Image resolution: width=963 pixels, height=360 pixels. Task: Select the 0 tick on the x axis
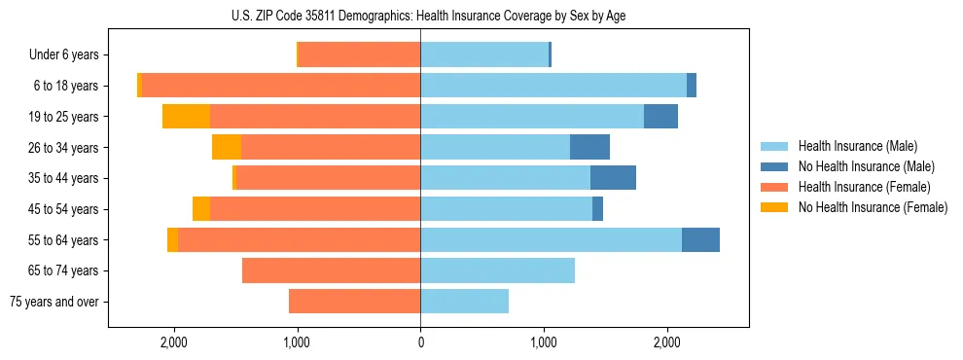[x=420, y=342]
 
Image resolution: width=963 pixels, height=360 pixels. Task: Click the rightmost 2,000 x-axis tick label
[x=666, y=342]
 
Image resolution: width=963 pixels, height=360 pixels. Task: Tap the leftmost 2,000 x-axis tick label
[x=174, y=342]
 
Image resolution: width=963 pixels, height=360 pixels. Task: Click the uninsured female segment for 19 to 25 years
[x=186, y=117]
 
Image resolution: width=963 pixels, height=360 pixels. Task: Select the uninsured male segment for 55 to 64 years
[x=700, y=239]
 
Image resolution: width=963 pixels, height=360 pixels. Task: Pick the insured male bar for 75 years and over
[x=464, y=302]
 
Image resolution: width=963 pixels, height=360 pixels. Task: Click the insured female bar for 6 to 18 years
[x=281, y=86]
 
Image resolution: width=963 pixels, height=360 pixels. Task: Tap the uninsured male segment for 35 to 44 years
[x=613, y=178]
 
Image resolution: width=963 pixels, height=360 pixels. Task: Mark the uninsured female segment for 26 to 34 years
[x=227, y=147]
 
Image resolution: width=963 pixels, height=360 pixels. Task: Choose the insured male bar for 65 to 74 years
[x=497, y=270]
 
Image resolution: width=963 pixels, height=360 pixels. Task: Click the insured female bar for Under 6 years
[x=359, y=55]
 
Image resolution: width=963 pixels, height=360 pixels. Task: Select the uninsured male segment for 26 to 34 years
[x=589, y=147]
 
